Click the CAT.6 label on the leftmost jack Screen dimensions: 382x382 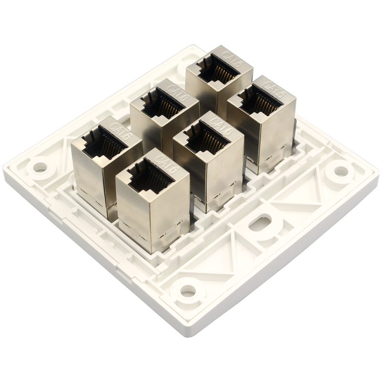(x=122, y=132)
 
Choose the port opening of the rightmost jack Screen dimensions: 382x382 (x=261, y=99)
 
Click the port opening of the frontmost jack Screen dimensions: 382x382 (x=150, y=176)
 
